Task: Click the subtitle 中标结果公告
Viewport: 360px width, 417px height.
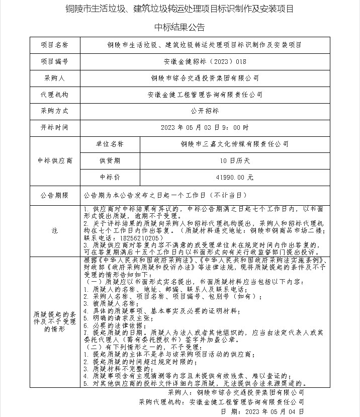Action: coord(179,27)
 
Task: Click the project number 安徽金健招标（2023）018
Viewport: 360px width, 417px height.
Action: coord(205,61)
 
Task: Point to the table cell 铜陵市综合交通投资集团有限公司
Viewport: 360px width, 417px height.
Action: coord(205,78)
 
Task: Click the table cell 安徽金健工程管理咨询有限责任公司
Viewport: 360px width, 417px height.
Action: coord(205,94)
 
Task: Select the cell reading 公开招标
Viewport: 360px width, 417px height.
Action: coord(205,111)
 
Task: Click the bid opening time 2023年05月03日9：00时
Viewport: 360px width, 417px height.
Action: coord(205,127)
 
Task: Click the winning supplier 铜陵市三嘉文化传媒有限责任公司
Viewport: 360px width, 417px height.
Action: coord(235,144)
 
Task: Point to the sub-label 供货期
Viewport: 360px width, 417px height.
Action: coord(110,160)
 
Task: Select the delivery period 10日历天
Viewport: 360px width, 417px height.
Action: coord(235,160)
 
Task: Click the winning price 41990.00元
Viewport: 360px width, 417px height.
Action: coord(235,177)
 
